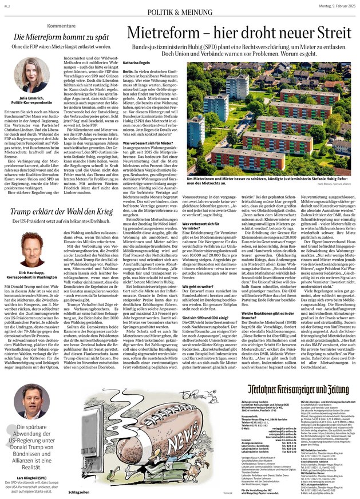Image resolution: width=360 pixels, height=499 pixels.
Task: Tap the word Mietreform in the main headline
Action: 167,33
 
